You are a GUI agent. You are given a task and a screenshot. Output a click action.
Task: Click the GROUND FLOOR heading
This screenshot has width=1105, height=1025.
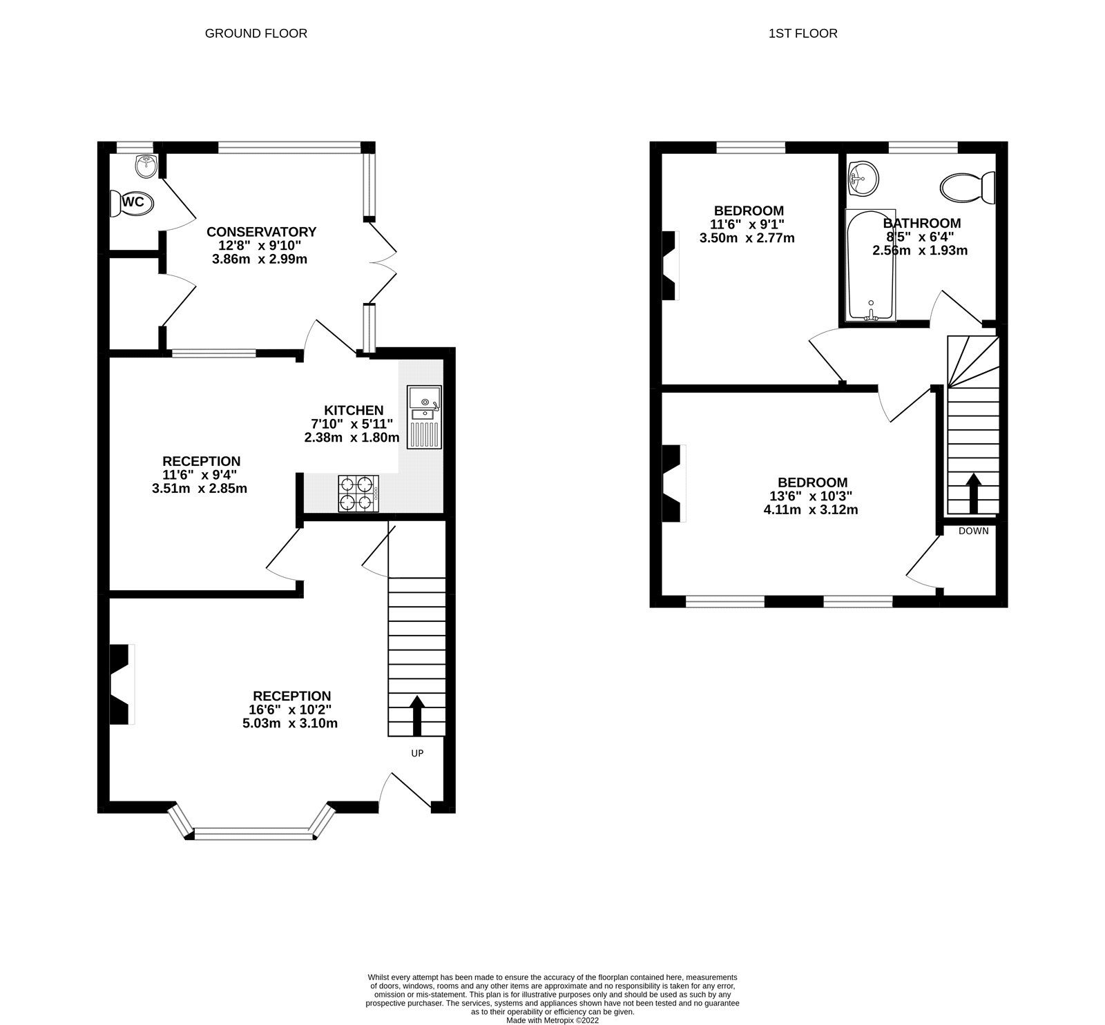(x=256, y=33)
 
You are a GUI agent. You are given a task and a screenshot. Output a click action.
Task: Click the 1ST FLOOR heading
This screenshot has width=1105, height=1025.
(x=803, y=33)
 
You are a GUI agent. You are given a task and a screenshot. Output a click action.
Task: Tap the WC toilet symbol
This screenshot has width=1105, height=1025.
(x=132, y=203)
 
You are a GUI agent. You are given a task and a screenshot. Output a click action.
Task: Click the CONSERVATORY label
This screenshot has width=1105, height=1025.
(x=261, y=232)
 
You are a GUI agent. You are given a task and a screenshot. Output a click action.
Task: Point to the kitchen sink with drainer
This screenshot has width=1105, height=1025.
(x=423, y=417)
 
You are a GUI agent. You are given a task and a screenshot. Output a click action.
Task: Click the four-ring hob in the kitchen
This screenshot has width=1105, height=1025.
(x=358, y=493)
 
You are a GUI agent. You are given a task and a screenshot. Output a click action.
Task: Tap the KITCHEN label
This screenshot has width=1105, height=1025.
(x=354, y=411)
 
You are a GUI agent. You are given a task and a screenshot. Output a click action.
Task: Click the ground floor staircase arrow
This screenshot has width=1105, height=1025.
(x=417, y=715)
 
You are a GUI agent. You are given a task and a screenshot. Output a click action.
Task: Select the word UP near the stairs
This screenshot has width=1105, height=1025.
(x=417, y=753)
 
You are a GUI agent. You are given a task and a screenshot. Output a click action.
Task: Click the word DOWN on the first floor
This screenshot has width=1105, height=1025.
(x=973, y=531)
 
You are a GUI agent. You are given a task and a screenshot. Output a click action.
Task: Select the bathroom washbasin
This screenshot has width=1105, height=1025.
(x=863, y=178)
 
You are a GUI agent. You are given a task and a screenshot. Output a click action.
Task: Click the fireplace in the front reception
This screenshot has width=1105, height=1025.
(x=122, y=684)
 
